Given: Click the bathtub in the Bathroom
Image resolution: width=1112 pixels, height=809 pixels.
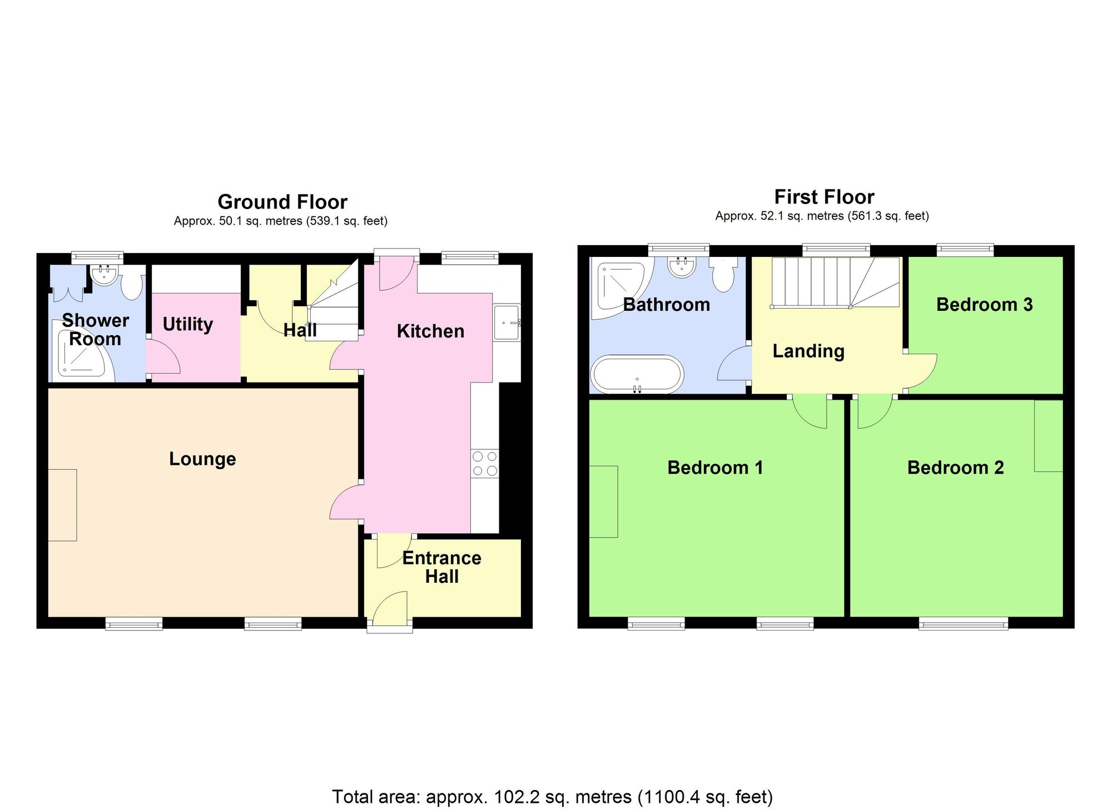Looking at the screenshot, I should tap(637, 374).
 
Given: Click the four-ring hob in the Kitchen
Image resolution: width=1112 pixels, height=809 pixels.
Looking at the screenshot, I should tap(484, 464).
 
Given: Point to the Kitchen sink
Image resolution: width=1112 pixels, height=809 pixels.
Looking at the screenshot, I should tap(507, 322).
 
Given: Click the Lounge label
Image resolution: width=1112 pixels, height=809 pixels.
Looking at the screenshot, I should tap(202, 459).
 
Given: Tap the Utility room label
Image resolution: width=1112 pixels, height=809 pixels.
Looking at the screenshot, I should tap(188, 324).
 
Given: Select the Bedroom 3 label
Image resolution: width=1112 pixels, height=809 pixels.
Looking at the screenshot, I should tap(984, 305).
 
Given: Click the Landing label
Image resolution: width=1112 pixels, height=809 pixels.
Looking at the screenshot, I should tap(808, 351).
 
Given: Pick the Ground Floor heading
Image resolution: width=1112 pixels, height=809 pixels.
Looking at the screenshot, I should tap(282, 201).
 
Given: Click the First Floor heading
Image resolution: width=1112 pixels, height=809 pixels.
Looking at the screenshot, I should tap(824, 197).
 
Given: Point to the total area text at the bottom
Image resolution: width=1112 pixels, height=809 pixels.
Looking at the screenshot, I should tap(552, 797).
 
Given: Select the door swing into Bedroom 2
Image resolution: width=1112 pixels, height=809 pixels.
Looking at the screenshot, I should tap(873, 413).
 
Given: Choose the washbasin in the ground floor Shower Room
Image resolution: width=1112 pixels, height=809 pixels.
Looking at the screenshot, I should tap(103, 273).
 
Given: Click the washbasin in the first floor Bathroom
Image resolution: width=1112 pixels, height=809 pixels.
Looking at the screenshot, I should tap(682, 267).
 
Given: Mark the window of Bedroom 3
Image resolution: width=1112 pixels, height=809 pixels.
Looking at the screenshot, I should tap(965, 250).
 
